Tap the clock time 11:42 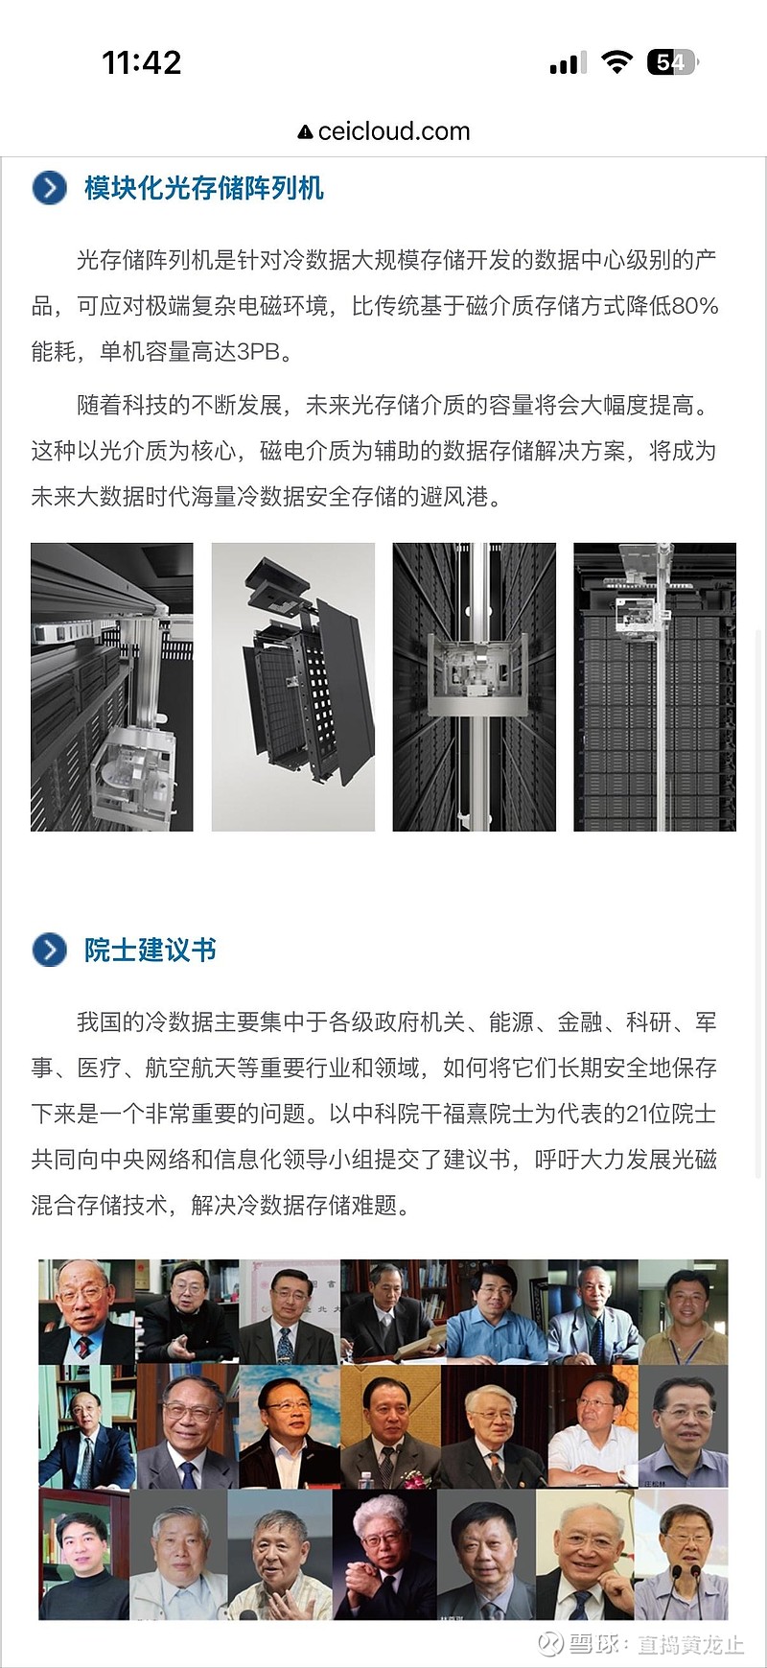[142, 63]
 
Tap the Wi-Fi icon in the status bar [616, 63]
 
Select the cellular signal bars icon [568, 63]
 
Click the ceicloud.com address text [394, 131]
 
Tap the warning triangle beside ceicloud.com [305, 132]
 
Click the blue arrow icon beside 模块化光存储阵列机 [50, 188]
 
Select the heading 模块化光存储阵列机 [204, 188]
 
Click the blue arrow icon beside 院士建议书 [50, 950]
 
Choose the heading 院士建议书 [151, 950]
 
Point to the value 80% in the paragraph [695, 306]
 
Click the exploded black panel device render [293, 687]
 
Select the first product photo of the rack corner [112, 687]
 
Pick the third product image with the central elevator [475, 687]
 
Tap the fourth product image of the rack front [655, 687]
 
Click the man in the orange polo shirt [684, 1312]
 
